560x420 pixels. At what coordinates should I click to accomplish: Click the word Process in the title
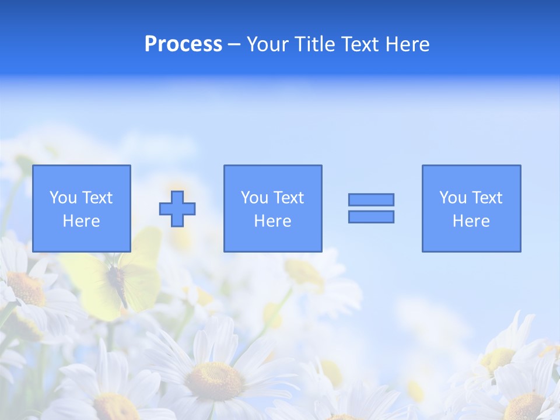tap(183, 44)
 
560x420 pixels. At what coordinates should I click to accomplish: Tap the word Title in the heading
tap(315, 44)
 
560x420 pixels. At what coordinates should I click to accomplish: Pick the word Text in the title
tap(358, 44)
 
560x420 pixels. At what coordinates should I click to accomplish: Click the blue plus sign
tap(178, 209)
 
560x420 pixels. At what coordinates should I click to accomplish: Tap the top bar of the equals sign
tap(371, 200)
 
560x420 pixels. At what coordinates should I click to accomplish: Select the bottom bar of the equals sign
tap(371, 216)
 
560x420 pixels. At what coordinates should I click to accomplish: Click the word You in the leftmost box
tap(63, 198)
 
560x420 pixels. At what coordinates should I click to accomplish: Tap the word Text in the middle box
tap(289, 198)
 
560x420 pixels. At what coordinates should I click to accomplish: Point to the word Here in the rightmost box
tap(471, 221)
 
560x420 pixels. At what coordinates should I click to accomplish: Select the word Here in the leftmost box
tap(82, 221)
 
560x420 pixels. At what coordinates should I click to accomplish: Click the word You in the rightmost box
tap(453, 198)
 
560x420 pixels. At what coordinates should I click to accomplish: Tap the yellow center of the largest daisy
tap(215, 381)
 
